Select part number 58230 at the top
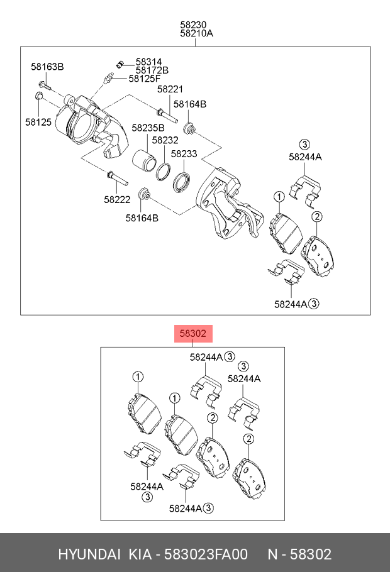click(194, 25)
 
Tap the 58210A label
click(196, 34)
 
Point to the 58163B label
click(48, 67)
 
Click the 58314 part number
click(149, 62)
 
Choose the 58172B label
click(152, 70)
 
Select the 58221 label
click(170, 90)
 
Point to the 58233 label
click(184, 153)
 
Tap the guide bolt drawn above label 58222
click(117, 180)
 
